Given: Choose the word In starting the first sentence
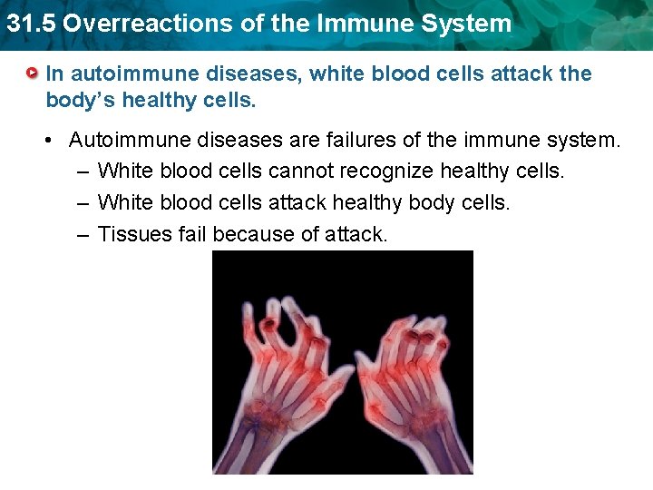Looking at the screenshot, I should pos(54,73).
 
